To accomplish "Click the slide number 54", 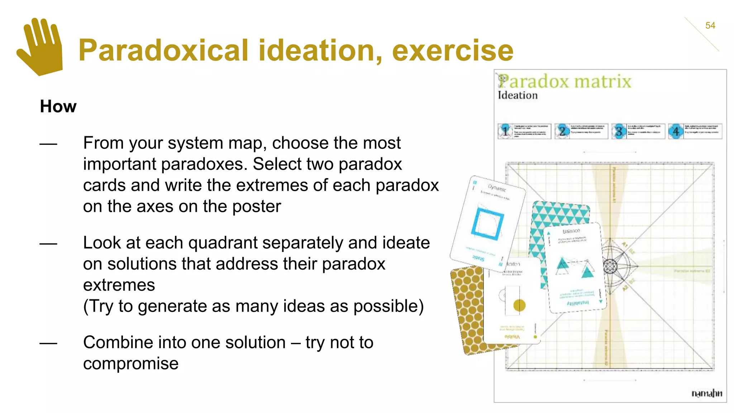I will [710, 25].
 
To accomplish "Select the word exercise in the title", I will [453, 51].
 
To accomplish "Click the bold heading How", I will [58, 106].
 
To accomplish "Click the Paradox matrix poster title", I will [565, 81].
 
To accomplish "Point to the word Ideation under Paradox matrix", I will [518, 95].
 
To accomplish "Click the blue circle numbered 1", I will [505, 131].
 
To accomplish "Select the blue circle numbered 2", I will [562, 131].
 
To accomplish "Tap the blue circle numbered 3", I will [619, 131].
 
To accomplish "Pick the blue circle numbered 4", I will [676, 131].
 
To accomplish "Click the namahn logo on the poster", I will [706, 393].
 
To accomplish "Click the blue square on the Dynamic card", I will [487, 224].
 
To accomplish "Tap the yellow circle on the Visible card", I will [519, 305].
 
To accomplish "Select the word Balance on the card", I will [571, 231].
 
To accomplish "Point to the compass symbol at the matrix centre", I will [611, 266].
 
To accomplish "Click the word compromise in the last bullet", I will [131, 364].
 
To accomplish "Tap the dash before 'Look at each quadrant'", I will [48, 244].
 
